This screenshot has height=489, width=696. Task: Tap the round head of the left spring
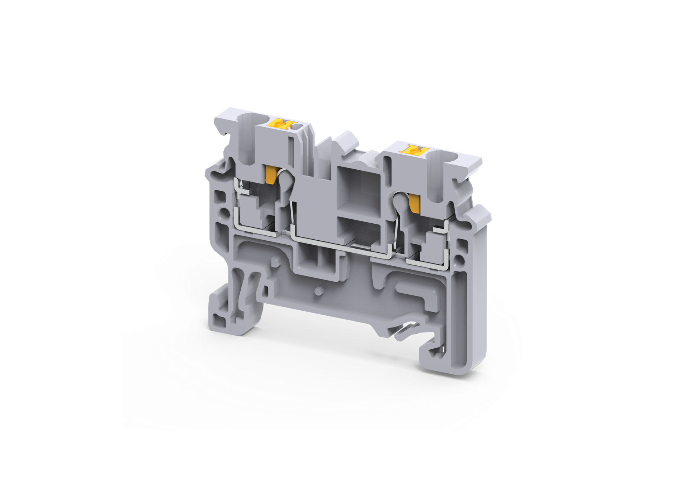click(285, 178)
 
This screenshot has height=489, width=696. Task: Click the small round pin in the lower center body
click(319, 290)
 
